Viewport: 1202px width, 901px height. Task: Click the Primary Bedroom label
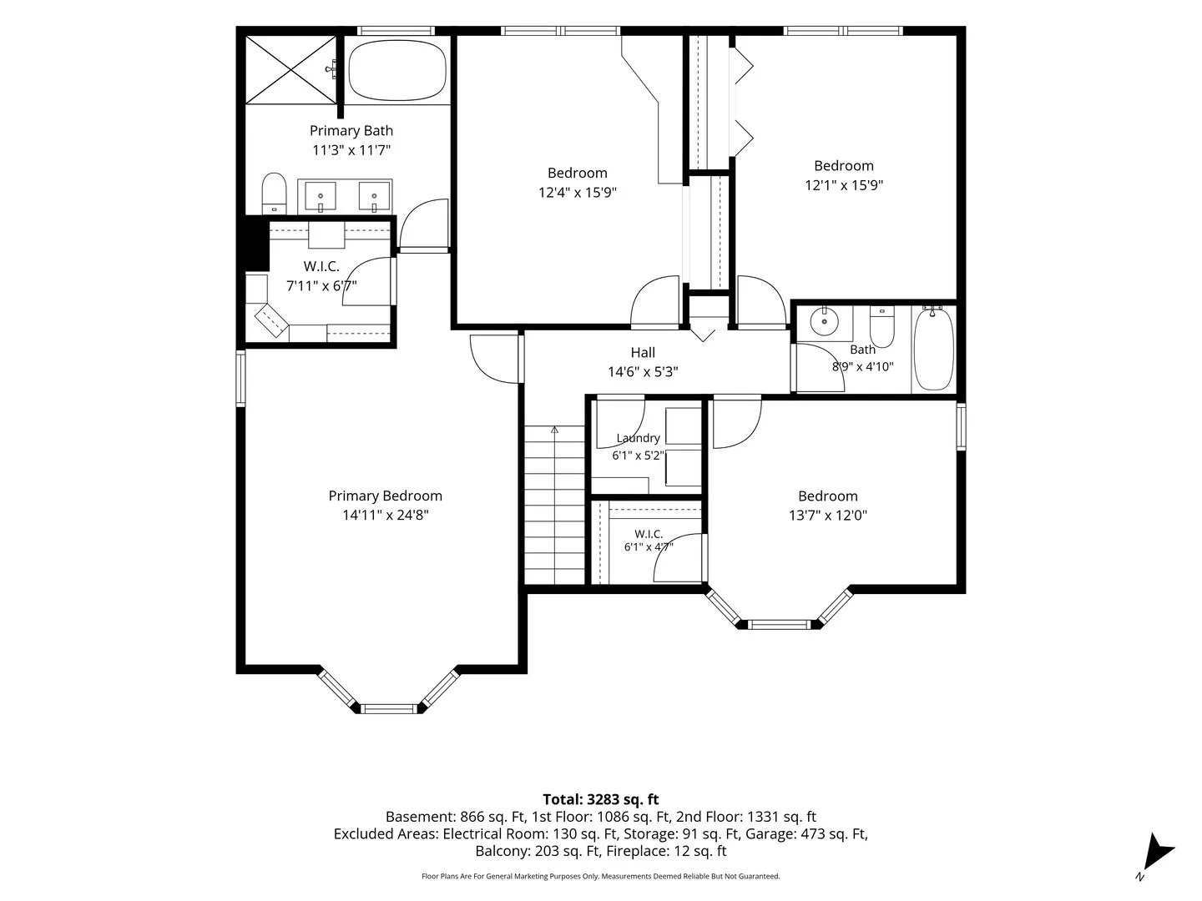tap(385, 496)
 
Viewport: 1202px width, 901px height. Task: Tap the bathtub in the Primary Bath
tap(397, 70)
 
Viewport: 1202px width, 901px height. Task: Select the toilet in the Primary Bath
tap(274, 193)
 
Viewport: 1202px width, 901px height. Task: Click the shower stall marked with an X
tap(290, 69)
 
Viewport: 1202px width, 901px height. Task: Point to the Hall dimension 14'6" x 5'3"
tap(643, 372)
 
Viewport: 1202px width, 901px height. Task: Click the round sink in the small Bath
tap(824, 321)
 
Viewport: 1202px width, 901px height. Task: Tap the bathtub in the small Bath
tap(934, 349)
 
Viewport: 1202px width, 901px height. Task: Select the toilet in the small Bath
tap(881, 326)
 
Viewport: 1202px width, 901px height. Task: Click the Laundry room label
tap(638, 438)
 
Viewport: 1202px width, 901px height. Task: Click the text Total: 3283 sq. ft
tap(601, 799)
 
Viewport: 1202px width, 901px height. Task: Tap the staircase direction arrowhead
tap(554, 430)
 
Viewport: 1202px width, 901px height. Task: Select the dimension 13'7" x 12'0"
tap(827, 516)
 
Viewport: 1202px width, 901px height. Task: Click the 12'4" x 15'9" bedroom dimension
tap(577, 193)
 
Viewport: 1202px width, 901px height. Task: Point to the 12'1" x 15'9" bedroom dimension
tap(843, 185)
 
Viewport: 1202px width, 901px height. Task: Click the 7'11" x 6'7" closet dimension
tap(321, 285)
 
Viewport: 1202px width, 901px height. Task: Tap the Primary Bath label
tap(351, 131)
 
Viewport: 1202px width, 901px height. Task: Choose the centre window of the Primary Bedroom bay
tap(389, 709)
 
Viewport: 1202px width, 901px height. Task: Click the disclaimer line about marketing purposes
tap(601, 876)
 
